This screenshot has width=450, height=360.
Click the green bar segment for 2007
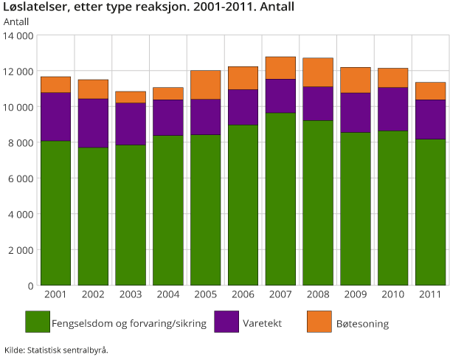point(280,199)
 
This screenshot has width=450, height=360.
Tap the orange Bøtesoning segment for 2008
point(317,72)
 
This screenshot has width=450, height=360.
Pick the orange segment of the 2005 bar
point(205,85)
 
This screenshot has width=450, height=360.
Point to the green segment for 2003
point(131,215)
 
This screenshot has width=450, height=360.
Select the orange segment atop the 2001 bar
point(56,84)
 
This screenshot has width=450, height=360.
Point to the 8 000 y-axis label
point(21,142)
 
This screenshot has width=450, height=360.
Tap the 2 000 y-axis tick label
point(21,250)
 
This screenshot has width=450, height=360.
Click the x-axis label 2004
point(167,296)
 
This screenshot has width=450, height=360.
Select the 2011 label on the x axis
point(429,296)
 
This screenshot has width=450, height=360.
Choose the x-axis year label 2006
point(243,296)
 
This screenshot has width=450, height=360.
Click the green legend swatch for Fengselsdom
point(37,322)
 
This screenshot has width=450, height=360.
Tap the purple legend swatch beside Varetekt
point(226,322)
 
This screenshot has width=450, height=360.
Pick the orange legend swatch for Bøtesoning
point(318,322)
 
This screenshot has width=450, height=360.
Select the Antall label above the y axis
point(16,21)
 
